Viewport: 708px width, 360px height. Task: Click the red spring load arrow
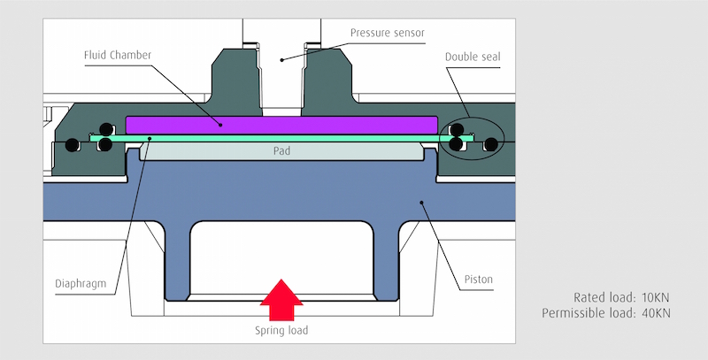pos(281,303)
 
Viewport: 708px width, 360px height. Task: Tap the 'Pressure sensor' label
pos(388,33)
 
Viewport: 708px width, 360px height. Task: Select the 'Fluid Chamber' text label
pos(117,55)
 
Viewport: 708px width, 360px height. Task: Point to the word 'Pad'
pos(281,151)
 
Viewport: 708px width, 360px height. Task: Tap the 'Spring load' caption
pos(281,330)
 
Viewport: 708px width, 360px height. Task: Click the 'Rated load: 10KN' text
pos(620,297)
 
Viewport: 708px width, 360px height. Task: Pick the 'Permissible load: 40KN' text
pos(605,313)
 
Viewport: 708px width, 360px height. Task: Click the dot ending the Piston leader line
pos(422,203)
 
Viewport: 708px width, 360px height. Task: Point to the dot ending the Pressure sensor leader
pos(282,59)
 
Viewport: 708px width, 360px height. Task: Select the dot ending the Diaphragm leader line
pos(150,138)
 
